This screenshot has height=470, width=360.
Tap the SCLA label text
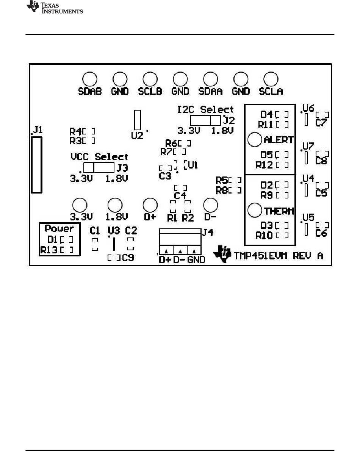point(271,91)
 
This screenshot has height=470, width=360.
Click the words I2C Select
point(205,109)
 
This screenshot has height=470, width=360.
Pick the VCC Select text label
point(99,156)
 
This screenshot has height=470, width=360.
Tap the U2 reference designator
point(137,136)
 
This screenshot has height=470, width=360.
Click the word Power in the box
point(59,228)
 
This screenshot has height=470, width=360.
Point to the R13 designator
point(49,250)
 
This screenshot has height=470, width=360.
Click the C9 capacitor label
point(128,258)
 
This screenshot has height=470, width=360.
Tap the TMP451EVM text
point(260,256)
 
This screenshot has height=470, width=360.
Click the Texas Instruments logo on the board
point(222,254)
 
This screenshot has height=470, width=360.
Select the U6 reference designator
point(308,108)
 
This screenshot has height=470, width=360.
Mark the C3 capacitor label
point(165,176)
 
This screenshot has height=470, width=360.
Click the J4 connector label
point(208,233)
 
